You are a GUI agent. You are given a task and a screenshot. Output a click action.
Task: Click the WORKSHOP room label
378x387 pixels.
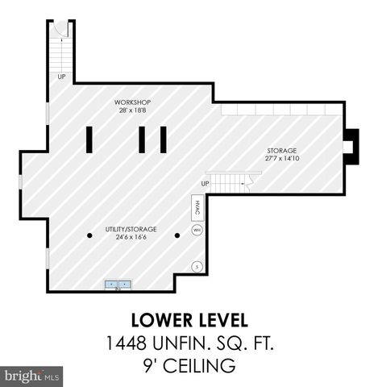pyautogui.click(x=133, y=102)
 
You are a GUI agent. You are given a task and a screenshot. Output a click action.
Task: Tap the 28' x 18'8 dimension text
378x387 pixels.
pyautogui.click(x=133, y=112)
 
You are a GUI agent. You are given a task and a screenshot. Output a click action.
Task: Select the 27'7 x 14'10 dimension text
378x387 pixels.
pyautogui.click(x=283, y=160)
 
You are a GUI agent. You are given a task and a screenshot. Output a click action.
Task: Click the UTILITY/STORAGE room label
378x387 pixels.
pyautogui.click(x=131, y=230)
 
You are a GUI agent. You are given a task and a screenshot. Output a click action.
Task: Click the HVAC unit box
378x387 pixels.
pyautogui.click(x=197, y=208)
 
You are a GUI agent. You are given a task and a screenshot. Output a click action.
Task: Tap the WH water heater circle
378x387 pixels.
pyautogui.click(x=197, y=231)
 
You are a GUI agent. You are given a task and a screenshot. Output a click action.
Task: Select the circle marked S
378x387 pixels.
pyautogui.click(x=196, y=266)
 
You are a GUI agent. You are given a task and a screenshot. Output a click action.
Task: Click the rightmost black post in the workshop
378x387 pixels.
pyautogui.click(x=163, y=139)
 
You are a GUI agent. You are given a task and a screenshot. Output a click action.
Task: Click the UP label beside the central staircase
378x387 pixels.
pyautogui.click(x=206, y=184)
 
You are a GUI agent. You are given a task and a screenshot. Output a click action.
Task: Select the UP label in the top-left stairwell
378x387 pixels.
pyautogui.click(x=61, y=77)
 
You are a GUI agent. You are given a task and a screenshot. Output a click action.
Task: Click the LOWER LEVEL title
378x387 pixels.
pyautogui.click(x=189, y=319)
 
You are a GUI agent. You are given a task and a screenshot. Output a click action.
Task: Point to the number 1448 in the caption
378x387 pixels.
pyautogui.click(x=127, y=344)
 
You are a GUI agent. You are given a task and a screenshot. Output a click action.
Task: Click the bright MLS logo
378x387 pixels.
pyautogui.click(x=32, y=376)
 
